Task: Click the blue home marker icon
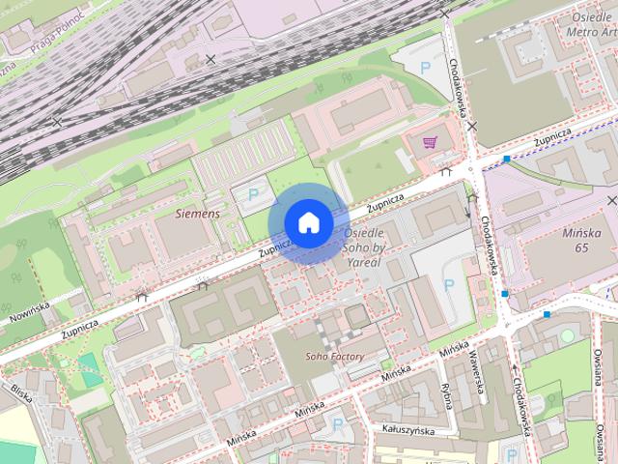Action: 307,223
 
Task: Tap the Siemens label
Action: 197,213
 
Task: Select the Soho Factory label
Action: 335,357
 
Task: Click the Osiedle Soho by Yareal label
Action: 366,247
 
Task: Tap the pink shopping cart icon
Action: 430,143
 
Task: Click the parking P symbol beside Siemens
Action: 254,194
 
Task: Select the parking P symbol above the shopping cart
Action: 426,68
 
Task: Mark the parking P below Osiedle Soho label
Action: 448,285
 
